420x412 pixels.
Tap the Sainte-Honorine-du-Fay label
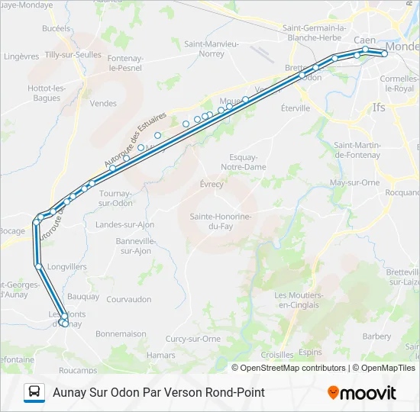tap(221, 221)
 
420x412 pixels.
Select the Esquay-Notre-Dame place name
tap(243, 162)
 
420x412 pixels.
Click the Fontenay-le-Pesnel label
tap(125, 63)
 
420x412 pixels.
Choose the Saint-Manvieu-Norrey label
tap(212, 49)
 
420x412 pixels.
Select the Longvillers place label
tap(66, 267)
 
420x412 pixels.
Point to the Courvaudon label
tap(128, 300)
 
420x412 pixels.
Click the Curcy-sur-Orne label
tap(193, 339)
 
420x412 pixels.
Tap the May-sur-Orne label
tap(354, 182)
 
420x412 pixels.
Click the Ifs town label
tap(379, 108)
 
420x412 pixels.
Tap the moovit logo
tap(361, 393)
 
